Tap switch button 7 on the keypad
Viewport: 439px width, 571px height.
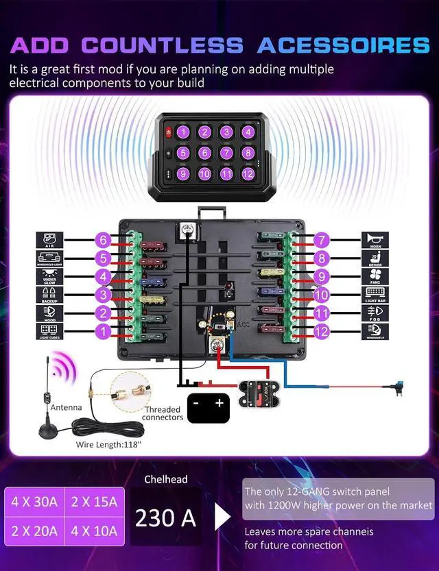click(x=226, y=153)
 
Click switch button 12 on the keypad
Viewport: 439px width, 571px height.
click(x=248, y=174)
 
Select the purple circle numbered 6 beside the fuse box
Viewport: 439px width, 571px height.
click(x=103, y=240)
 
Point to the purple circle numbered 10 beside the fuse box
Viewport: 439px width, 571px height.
click(x=321, y=295)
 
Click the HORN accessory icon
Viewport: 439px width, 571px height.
click(x=375, y=241)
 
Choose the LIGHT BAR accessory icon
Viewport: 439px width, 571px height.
click(x=375, y=296)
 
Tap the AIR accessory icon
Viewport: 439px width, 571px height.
click(x=49, y=241)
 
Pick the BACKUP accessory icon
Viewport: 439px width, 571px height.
click(x=49, y=296)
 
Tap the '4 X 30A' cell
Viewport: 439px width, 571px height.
click(x=34, y=502)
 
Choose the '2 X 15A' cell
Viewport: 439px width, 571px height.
click(x=94, y=502)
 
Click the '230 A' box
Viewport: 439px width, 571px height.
click(x=165, y=518)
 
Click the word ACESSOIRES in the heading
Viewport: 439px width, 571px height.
click(x=343, y=45)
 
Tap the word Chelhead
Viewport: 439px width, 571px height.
click(x=165, y=479)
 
